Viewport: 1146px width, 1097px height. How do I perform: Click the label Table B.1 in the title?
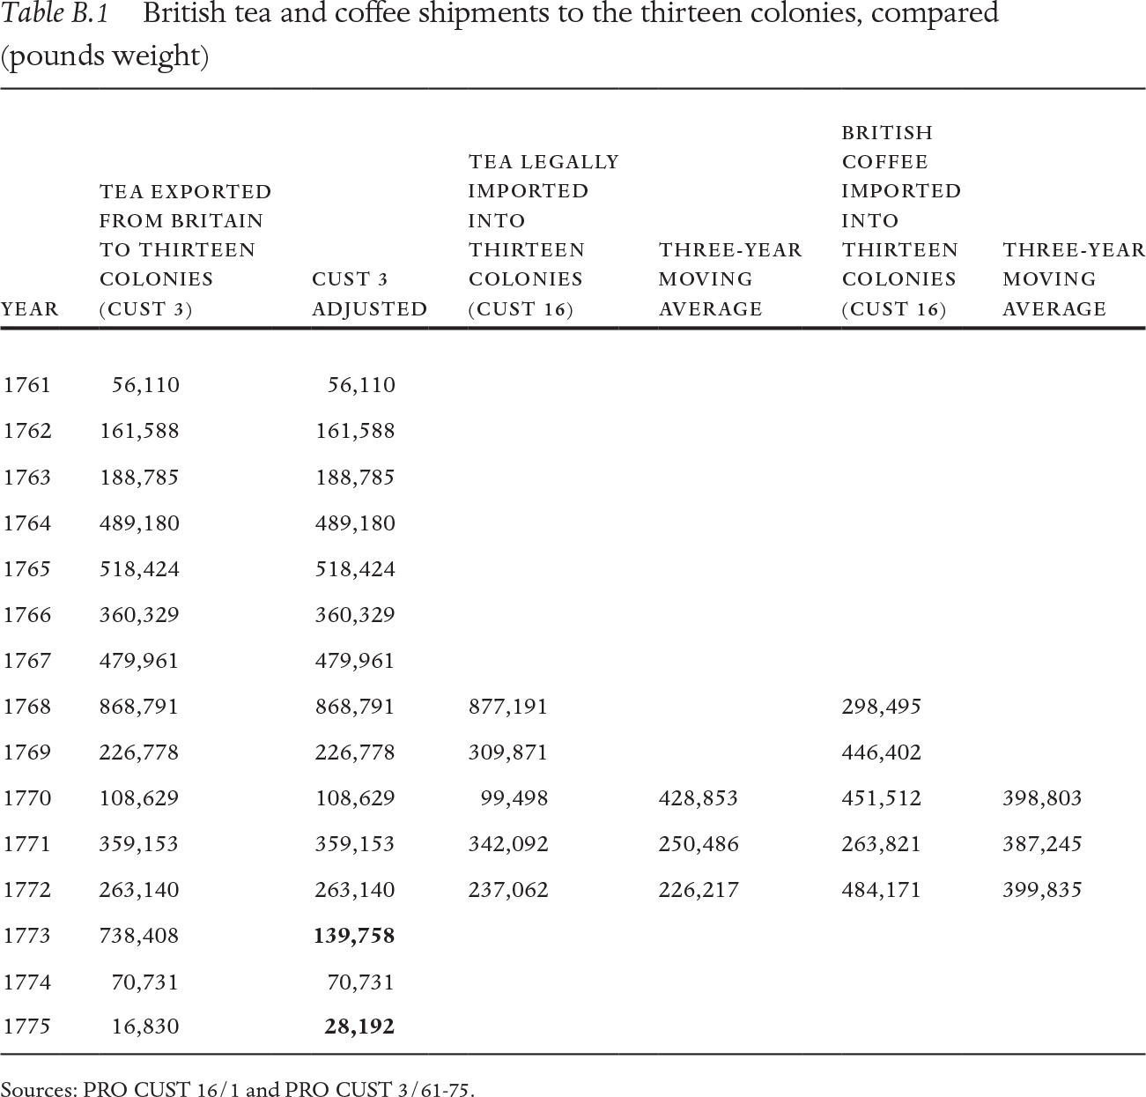coord(61,15)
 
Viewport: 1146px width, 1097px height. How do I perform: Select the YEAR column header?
coord(31,309)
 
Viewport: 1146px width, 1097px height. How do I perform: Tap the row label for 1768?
coord(27,707)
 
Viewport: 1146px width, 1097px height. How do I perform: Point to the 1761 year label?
coord(27,385)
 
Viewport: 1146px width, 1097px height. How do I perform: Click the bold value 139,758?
coord(354,936)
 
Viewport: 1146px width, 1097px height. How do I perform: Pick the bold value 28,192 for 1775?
coord(359,1027)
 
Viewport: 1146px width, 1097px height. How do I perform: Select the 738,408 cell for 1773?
coord(139,936)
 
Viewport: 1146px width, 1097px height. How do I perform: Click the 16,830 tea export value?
coord(145,1027)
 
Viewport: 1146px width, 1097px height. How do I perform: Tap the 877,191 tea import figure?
coord(508,707)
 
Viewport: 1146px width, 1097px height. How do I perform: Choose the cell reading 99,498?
coord(514,798)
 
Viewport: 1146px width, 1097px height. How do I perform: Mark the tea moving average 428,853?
coord(699,798)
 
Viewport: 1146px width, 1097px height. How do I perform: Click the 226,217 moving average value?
coord(699,890)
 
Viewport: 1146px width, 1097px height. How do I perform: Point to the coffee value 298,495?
coord(882,707)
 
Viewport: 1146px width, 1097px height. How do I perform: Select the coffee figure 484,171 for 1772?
coord(882,890)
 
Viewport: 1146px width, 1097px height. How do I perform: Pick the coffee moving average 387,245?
coord(1042,844)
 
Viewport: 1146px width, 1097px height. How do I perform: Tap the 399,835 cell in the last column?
coord(1042,890)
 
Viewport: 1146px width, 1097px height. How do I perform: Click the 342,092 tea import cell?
coord(508,844)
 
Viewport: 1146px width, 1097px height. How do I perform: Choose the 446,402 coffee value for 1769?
coord(882,752)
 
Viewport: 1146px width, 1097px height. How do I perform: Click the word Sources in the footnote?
coord(38,1089)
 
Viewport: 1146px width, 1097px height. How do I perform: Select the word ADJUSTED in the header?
coord(370,309)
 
